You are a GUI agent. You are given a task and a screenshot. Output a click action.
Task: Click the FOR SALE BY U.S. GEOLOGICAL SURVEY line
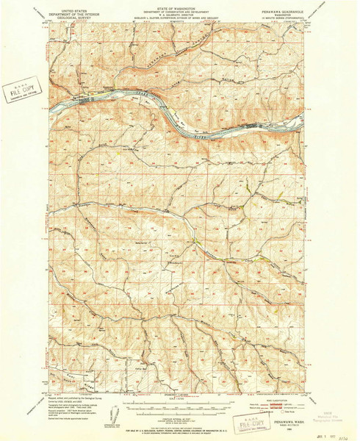179,429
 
